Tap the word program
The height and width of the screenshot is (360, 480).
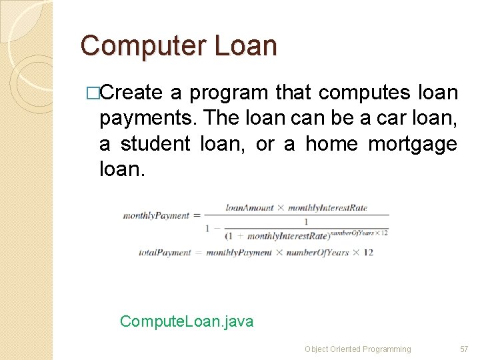(225, 93)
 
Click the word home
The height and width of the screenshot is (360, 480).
(332, 144)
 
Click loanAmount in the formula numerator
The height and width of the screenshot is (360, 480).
(249, 207)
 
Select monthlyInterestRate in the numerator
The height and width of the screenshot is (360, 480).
(327, 207)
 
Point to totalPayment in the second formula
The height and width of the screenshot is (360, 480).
(165, 253)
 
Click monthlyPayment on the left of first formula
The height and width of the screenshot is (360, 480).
(155, 216)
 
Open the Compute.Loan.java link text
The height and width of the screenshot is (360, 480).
(187, 322)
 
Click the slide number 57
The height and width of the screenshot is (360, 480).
(464, 349)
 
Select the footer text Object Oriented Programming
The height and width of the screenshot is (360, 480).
(357, 349)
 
